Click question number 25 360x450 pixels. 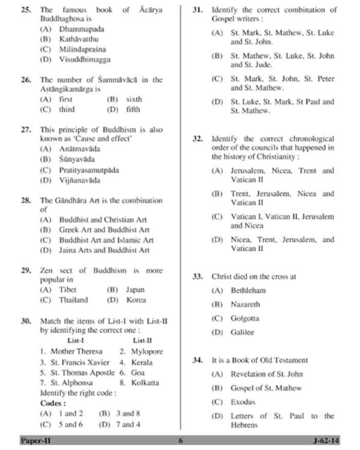point(25,10)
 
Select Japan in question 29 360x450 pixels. point(135,290)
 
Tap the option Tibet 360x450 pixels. point(67,290)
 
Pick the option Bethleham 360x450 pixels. point(248,291)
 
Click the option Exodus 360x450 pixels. point(243,402)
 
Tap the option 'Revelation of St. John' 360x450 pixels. point(266,374)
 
